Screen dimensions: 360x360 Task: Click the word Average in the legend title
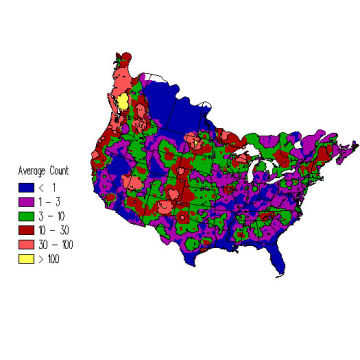[29, 170]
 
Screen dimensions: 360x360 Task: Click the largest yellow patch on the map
[122, 101]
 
